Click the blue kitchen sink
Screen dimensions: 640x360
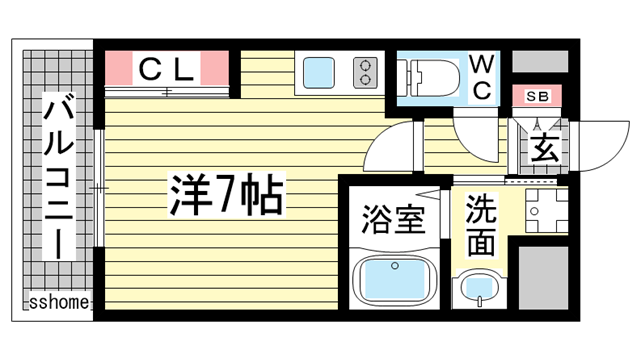pos(321,73)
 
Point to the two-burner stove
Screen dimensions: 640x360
pos(365,72)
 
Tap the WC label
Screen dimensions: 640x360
pos(481,77)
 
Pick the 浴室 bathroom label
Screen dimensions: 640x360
pos(386,218)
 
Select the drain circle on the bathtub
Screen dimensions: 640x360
pos(396,267)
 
